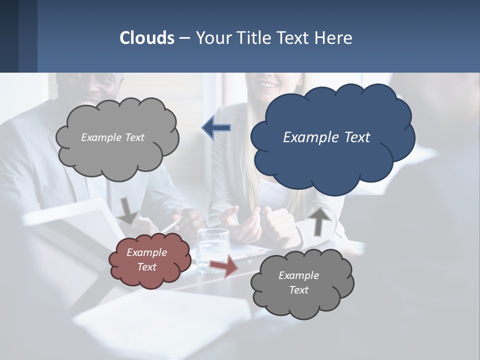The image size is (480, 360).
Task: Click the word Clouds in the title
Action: click(147, 38)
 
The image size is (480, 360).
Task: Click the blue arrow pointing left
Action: click(216, 128)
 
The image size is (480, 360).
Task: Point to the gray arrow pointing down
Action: click(128, 210)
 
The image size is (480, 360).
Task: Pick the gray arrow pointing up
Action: click(319, 220)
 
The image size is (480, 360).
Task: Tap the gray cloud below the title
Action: click(117, 137)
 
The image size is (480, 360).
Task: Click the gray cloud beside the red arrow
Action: click(302, 283)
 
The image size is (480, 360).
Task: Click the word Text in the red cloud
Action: click(147, 267)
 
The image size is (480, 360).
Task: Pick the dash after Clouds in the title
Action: click(184, 38)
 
